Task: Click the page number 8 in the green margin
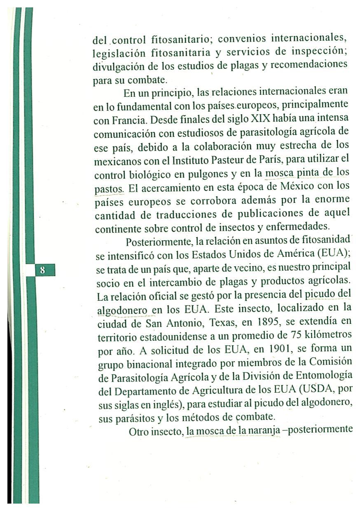pyautogui.click(x=42, y=271)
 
